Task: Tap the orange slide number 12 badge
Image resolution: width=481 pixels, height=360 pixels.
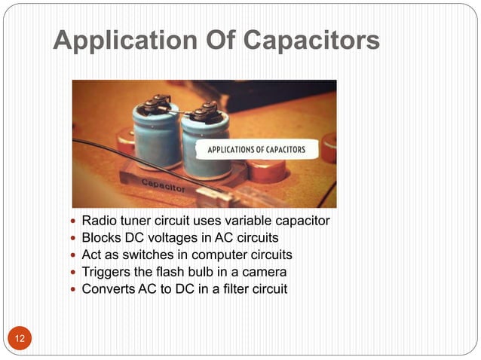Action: tap(19, 337)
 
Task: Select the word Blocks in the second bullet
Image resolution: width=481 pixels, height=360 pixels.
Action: tap(101, 238)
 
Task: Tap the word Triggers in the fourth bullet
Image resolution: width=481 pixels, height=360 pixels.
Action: tap(106, 271)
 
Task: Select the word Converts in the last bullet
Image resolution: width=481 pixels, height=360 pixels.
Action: tap(107, 288)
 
